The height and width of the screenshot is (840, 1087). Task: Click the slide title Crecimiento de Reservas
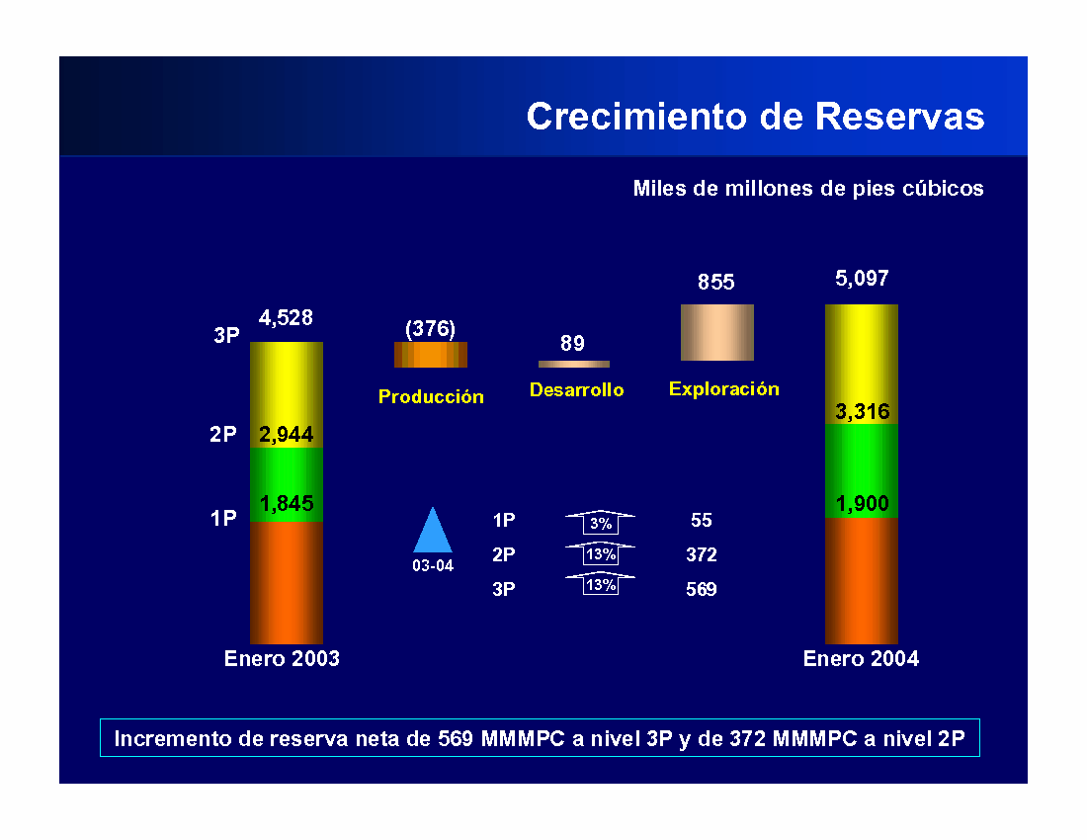tap(755, 117)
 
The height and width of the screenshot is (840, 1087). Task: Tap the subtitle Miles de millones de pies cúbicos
tap(808, 189)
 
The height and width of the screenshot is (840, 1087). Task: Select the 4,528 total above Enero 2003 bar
tap(286, 317)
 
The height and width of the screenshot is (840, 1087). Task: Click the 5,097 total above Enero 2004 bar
tap(862, 278)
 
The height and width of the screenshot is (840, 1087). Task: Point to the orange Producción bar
tap(431, 354)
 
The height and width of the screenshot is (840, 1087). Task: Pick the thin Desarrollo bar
tap(574, 364)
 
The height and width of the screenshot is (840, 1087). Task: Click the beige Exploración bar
tap(716, 332)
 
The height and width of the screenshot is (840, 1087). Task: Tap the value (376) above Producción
tap(431, 328)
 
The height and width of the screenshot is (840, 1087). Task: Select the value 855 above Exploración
tap(716, 282)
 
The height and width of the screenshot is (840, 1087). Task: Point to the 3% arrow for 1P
tap(601, 521)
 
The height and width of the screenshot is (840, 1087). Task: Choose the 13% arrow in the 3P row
tap(601, 584)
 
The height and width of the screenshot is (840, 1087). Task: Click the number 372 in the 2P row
tap(702, 554)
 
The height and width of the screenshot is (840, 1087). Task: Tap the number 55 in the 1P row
tap(702, 520)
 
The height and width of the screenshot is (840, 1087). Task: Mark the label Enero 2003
tap(282, 658)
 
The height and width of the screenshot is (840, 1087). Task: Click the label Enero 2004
tap(861, 658)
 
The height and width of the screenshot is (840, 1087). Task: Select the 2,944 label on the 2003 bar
tap(287, 434)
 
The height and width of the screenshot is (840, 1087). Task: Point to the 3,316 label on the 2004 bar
tap(863, 412)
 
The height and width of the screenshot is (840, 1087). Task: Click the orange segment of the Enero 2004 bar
tap(862, 581)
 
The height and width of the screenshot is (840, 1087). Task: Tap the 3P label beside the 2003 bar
tap(226, 335)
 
